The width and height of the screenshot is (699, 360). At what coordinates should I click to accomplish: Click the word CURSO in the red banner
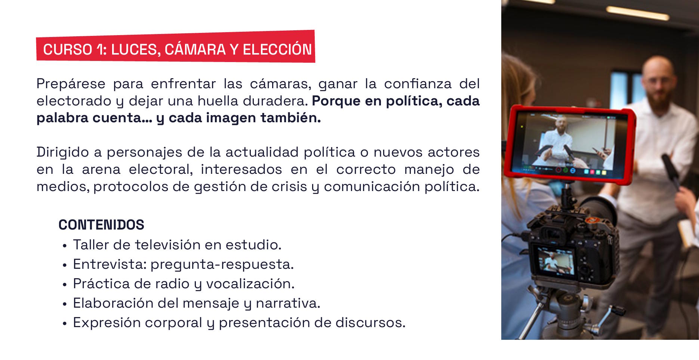68,50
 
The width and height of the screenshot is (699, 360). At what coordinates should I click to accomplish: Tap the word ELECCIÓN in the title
277,50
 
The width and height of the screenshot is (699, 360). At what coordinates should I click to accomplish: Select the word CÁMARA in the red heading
195,50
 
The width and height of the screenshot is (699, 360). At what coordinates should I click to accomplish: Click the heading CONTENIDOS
101,225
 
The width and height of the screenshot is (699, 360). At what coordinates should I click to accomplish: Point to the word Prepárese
71,84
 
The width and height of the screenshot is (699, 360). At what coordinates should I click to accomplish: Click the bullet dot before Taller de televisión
65,246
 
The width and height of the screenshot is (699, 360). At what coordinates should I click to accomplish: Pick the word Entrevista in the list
110,264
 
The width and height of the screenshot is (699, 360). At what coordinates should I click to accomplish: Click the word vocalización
250,284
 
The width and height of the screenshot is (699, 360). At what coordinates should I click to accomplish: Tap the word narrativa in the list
288,303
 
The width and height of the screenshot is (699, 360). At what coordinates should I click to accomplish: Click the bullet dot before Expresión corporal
65,324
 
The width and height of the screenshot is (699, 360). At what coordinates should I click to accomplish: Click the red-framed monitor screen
568,144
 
